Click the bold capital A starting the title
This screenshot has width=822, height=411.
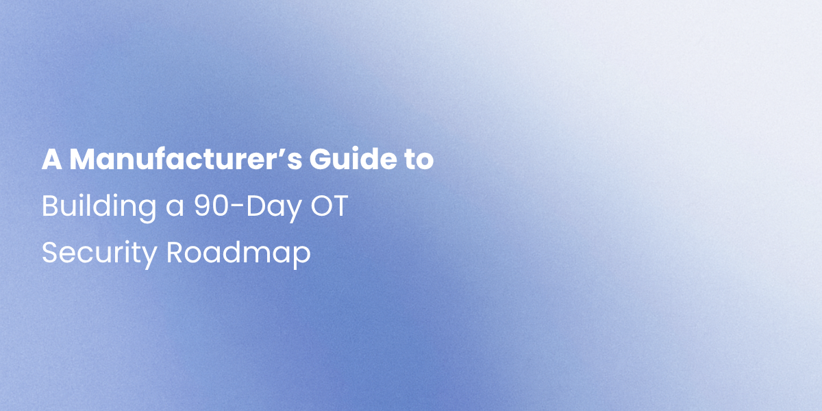tap(52, 159)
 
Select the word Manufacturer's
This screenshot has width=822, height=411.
tap(186, 159)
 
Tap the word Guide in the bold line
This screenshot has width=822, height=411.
tap(353, 159)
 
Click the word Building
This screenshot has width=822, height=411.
tap(99, 208)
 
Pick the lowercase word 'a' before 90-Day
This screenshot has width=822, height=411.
tap(175, 210)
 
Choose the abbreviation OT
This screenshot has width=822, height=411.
tap(329, 206)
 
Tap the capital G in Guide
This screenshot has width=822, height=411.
tap(321, 159)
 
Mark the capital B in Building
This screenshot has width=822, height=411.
tap(50, 206)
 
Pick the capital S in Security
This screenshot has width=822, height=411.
tap(50, 253)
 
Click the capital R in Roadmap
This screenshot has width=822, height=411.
tap(175, 253)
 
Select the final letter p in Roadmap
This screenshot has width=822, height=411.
tap(302, 258)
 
